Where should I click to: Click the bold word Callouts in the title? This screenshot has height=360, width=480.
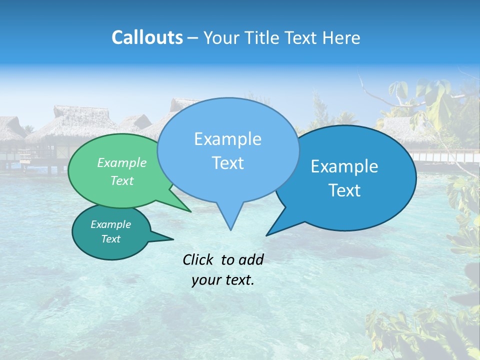(147, 37)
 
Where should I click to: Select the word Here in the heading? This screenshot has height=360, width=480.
(342, 37)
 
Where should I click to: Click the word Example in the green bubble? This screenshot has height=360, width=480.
(122, 162)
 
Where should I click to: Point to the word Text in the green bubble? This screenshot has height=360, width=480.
(122, 180)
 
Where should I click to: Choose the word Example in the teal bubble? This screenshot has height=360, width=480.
(110, 224)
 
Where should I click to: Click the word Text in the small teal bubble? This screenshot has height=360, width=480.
(110, 239)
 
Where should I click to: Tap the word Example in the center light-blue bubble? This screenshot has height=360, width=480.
(227, 139)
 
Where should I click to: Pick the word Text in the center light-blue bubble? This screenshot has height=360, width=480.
(227, 163)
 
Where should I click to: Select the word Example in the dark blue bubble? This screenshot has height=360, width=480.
(344, 166)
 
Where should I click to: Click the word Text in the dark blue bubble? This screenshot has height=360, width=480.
(344, 190)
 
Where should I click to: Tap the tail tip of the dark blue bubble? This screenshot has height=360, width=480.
(267, 234)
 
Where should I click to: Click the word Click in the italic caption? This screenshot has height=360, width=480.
(199, 259)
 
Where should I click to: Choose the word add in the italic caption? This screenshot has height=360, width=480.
(251, 259)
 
